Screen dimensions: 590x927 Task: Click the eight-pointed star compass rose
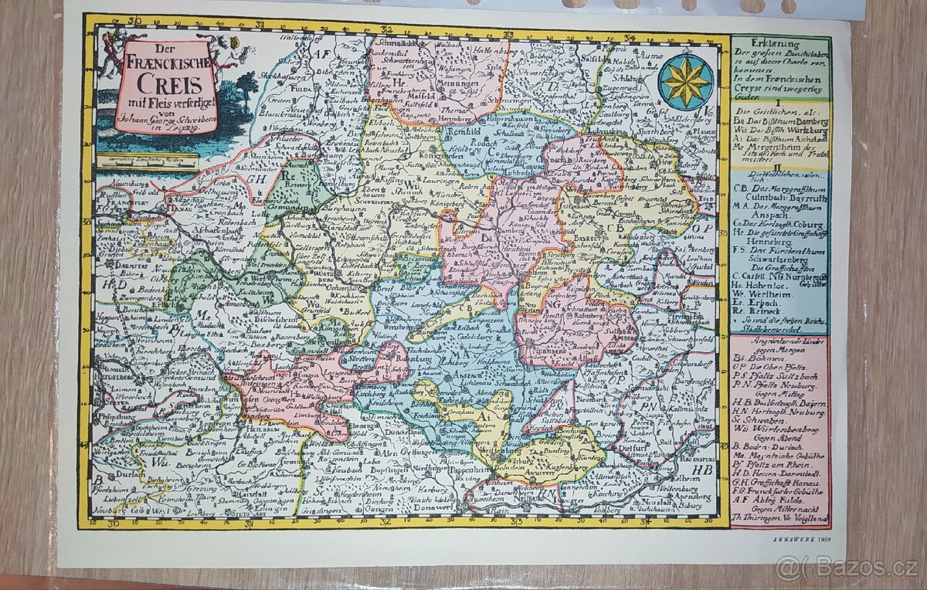point(686,81)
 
